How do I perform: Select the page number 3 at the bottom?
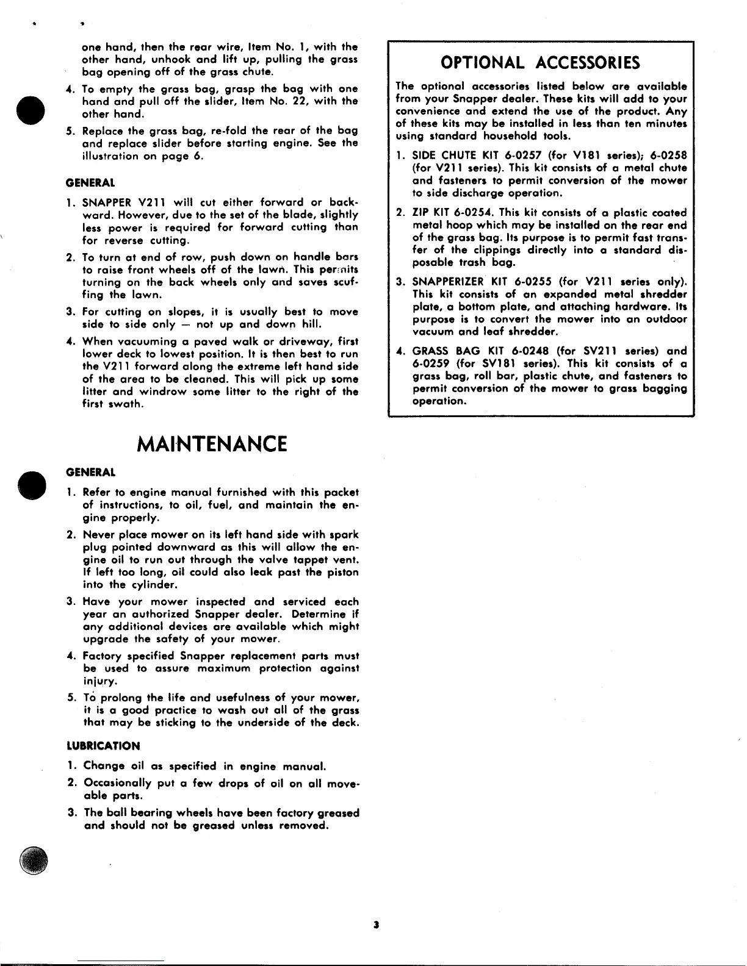click(377, 925)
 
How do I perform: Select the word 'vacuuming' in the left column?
click(147, 342)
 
